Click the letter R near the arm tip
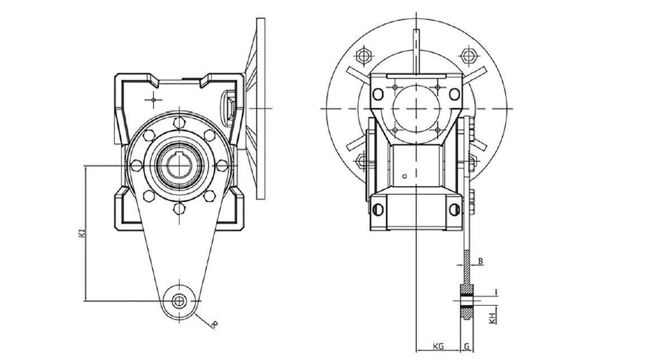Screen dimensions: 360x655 coord(214,324)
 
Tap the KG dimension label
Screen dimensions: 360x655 coord(438,347)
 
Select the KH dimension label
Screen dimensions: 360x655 coord(491,318)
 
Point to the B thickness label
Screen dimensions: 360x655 coord(481,261)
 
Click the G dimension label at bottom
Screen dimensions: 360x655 coord(466,347)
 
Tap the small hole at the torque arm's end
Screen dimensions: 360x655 coord(179,301)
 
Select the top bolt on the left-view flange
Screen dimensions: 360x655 coord(179,123)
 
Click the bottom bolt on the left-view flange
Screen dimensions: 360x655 coord(179,209)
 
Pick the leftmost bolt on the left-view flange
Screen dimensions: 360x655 coord(136,165)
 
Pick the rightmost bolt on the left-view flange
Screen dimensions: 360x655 coord(222,165)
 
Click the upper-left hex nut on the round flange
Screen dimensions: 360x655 coord(364,55)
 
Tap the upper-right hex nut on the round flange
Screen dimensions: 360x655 coord(468,55)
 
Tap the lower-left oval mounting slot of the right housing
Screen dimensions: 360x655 coord(378,209)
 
